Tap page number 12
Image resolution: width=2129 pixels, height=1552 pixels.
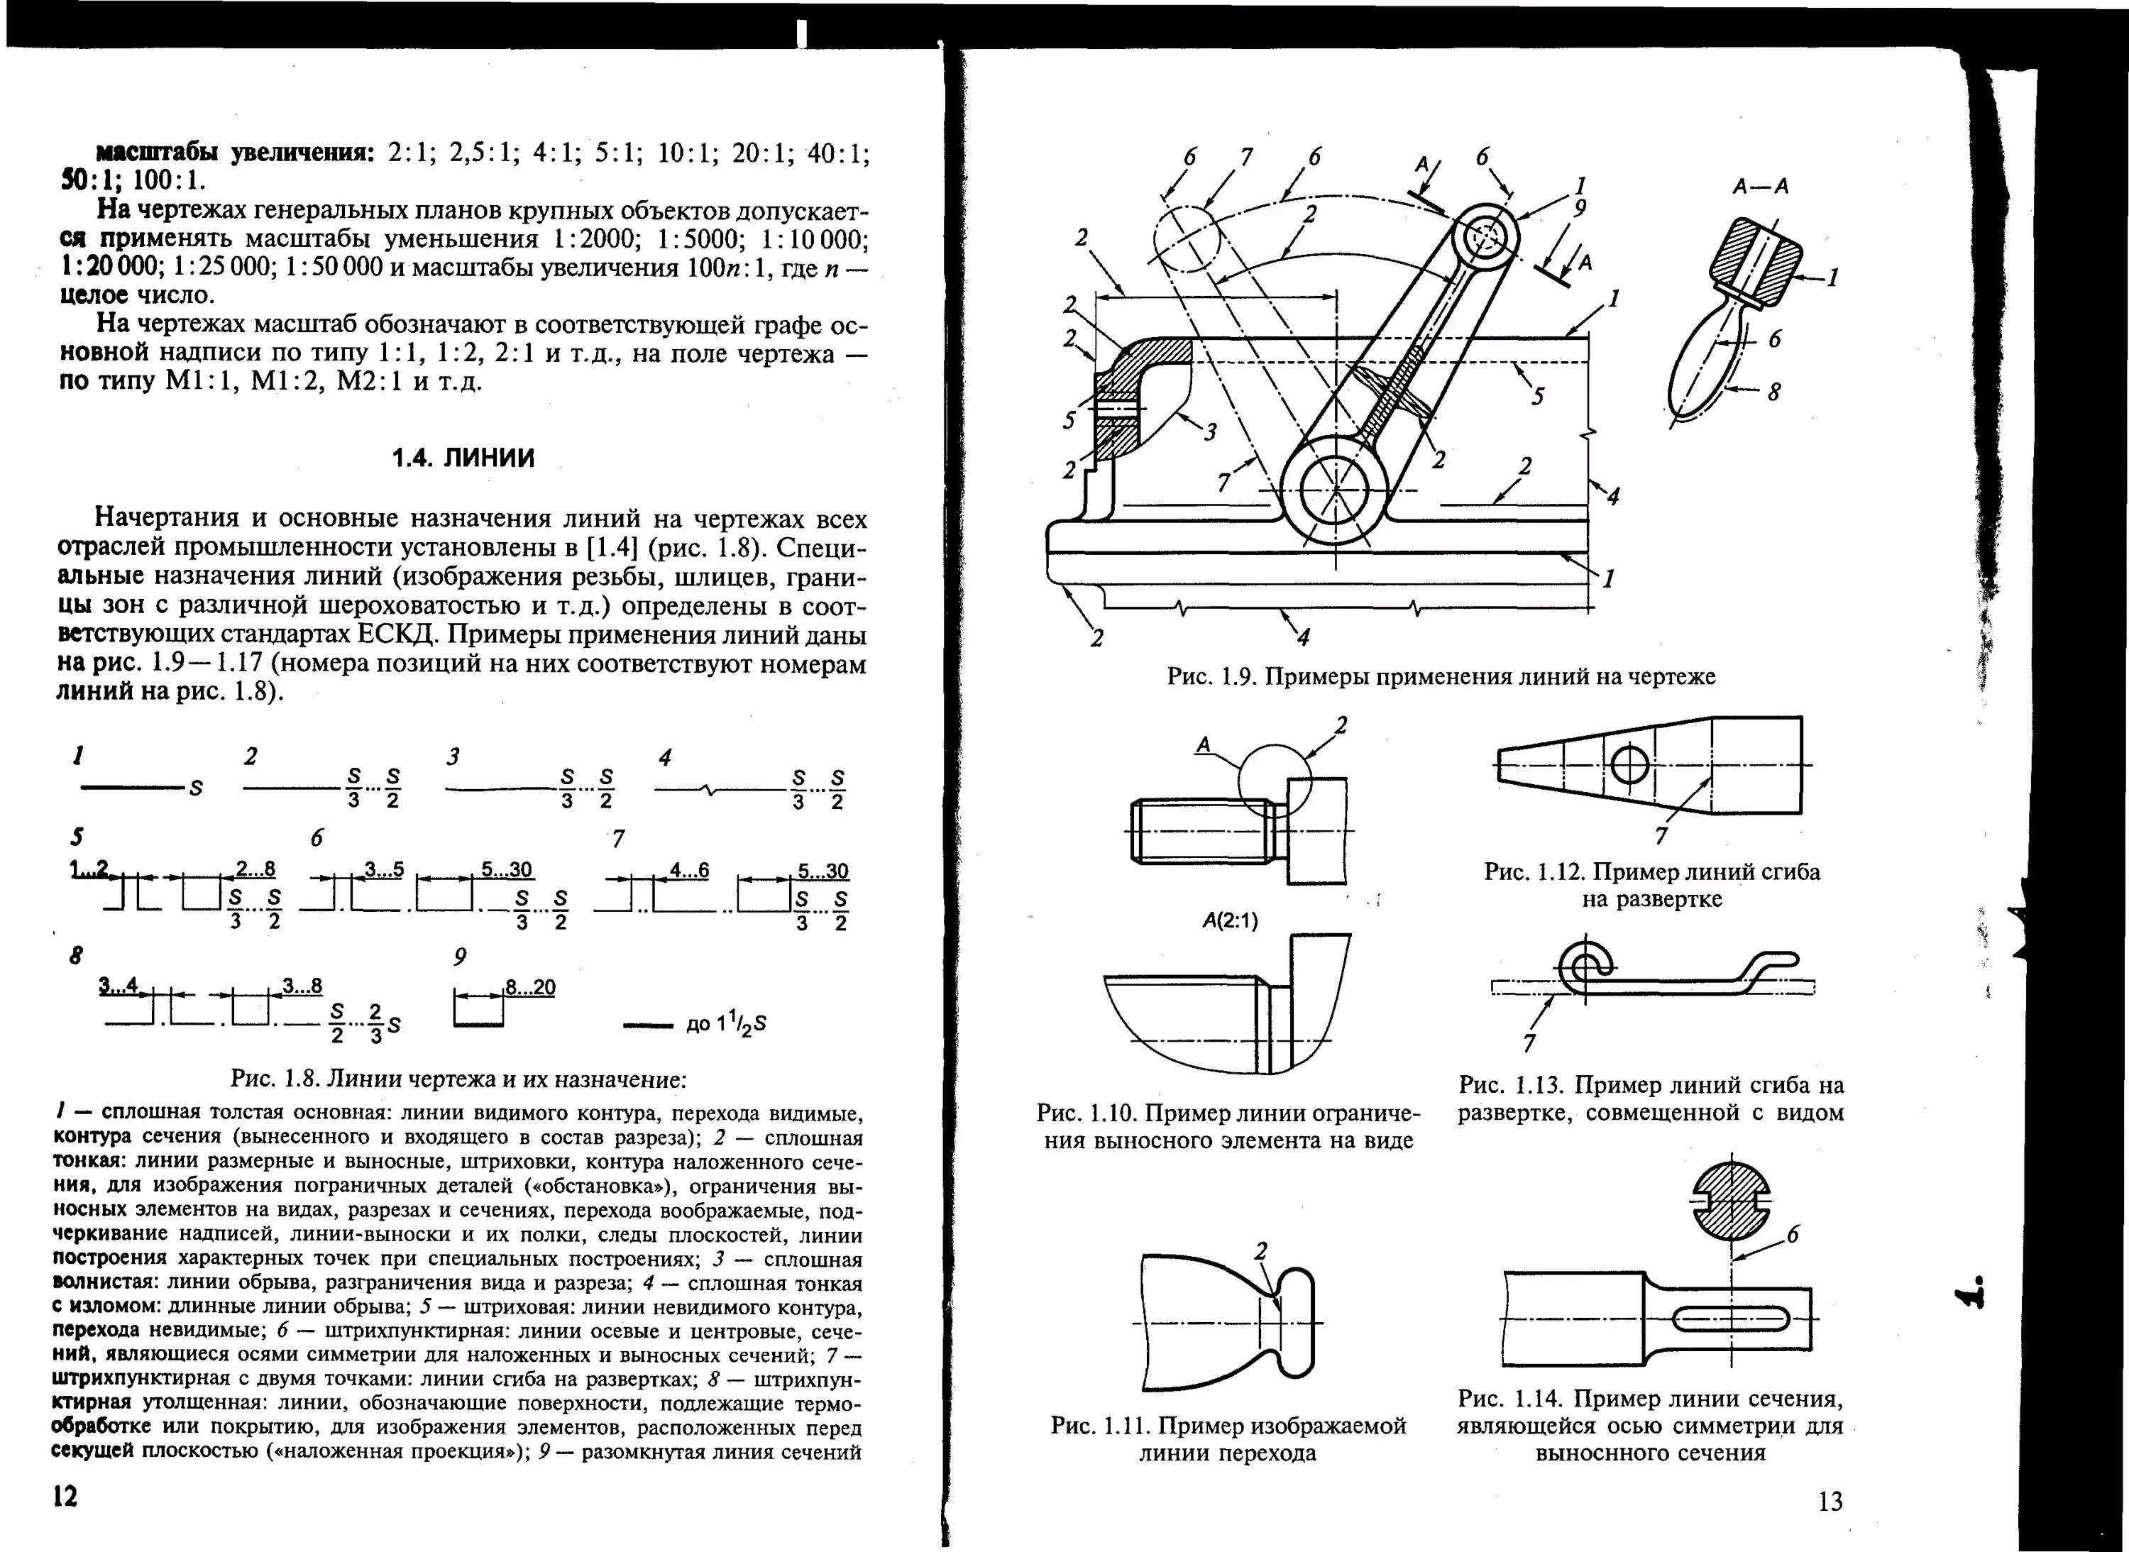(x=65, y=1497)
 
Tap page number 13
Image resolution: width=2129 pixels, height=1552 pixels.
(x=1830, y=1502)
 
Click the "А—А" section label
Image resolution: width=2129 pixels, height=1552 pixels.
(x=1761, y=187)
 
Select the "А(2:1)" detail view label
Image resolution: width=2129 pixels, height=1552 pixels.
(x=1230, y=920)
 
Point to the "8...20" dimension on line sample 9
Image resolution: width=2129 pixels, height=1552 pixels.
(x=530, y=987)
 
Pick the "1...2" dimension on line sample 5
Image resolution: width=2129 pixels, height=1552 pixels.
(x=90, y=869)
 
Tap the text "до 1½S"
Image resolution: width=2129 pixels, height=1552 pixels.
(x=726, y=1024)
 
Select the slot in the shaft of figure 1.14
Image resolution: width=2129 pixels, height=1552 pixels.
(x=1731, y=1319)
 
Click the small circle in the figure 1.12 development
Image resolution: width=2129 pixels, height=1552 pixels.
(x=1630, y=766)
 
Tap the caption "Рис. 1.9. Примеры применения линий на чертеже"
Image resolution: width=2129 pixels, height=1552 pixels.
(x=1441, y=676)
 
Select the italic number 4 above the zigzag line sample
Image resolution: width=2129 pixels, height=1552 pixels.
(x=665, y=757)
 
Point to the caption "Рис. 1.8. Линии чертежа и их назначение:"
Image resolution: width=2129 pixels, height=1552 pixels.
(x=458, y=1079)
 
